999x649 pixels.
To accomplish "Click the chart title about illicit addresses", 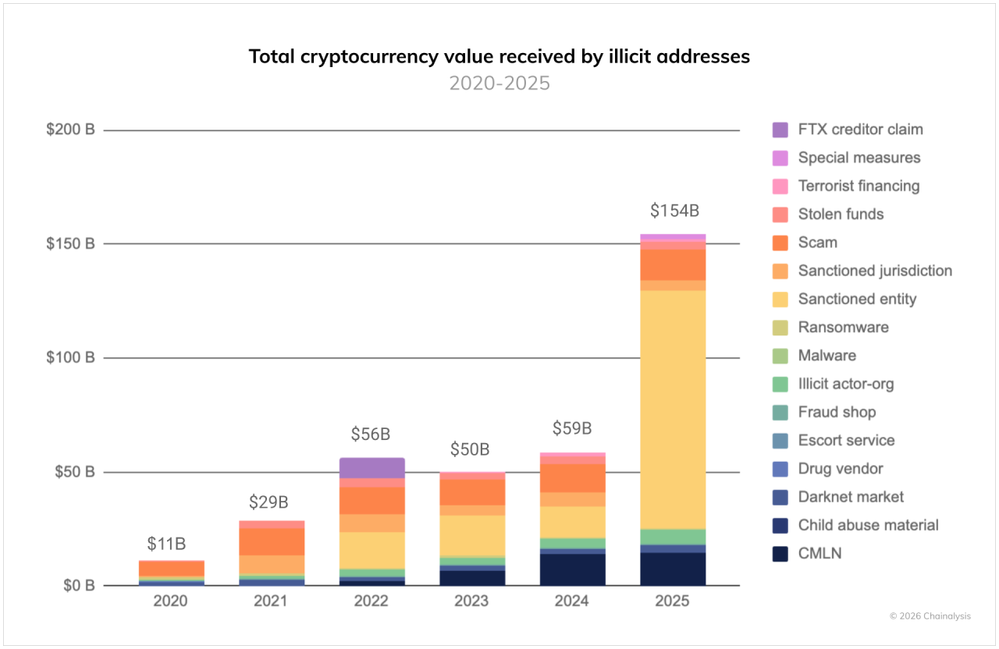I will (499, 56).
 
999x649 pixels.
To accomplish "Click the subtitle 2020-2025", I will (499, 83).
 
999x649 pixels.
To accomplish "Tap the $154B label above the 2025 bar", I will (674, 211).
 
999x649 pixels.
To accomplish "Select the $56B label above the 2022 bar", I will (371, 434).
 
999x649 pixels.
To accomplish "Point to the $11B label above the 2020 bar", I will (167, 544).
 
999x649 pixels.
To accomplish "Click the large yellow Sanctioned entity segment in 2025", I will (673, 410).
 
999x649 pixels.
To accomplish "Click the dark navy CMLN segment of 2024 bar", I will (572, 570).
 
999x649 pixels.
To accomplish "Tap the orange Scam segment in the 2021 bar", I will (272, 541).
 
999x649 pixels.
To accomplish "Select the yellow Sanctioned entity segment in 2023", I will (471, 535).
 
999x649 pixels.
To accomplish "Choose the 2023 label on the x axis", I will (471, 601).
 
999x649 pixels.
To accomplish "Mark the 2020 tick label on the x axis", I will (171, 601).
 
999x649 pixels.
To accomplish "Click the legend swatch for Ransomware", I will (780, 328).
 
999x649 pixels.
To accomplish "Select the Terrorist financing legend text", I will (859, 186).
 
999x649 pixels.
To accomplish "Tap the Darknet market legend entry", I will (851, 497).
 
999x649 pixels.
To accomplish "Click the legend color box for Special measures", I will (780, 158).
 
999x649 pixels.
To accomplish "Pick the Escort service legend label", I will (846, 441).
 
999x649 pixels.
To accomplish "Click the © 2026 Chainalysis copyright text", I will (930, 616).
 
